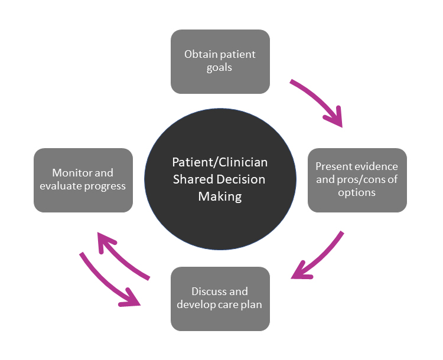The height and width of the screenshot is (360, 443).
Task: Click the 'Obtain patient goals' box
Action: [x=220, y=61]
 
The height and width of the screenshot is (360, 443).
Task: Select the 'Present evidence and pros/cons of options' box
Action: [x=357, y=180]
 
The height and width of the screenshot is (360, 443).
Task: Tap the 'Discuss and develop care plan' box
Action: [x=220, y=299]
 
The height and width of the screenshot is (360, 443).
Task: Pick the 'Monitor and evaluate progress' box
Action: [x=83, y=180]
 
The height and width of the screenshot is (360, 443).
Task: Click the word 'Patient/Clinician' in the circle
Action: [x=219, y=162]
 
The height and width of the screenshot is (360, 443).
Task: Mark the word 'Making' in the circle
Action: [x=219, y=197]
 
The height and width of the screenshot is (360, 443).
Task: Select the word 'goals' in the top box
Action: [x=219, y=67]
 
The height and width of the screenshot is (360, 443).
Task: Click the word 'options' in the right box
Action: [x=357, y=193]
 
